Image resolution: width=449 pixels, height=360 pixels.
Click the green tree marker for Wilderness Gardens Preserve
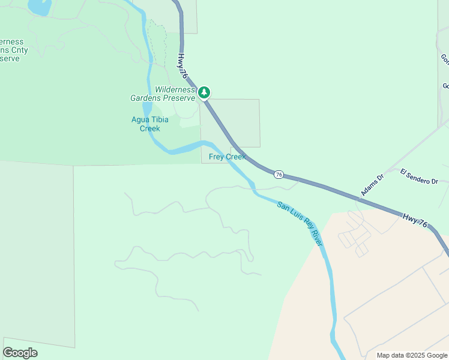click(204, 92)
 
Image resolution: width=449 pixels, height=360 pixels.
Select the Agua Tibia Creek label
click(149, 124)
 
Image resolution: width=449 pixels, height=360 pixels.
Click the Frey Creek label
click(227, 157)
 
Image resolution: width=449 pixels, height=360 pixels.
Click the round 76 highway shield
click(278, 174)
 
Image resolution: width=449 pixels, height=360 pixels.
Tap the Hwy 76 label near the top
click(182, 66)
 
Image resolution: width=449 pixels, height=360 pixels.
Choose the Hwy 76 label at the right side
click(415, 220)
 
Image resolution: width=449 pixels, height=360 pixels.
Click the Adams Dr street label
click(372, 185)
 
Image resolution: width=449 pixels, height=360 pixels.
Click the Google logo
click(20, 353)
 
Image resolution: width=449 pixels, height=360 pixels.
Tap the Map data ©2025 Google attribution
click(412, 355)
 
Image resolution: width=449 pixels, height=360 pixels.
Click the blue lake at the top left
click(38, 7)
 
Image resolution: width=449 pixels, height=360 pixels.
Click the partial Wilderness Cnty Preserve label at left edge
click(10, 50)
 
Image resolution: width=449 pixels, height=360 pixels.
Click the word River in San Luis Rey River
click(315, 236)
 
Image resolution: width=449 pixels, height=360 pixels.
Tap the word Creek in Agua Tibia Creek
click(149, 128)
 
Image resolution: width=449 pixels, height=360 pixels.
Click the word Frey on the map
click(216, 157)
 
